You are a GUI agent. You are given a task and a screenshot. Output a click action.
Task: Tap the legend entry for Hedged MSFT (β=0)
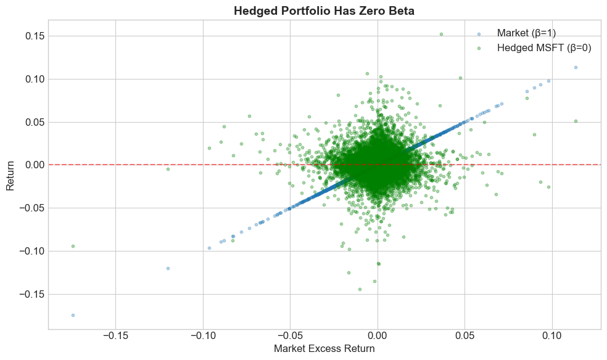coord(543,48)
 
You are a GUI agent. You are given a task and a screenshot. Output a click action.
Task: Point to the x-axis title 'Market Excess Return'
coord(324,348)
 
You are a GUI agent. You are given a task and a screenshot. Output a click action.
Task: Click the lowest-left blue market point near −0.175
coord(73,315)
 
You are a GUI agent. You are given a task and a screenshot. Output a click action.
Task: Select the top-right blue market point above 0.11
coord(576,67)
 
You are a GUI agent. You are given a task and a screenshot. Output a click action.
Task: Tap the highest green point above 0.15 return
coord(441,35)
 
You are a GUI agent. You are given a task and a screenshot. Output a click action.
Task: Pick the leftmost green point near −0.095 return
coord(73,246)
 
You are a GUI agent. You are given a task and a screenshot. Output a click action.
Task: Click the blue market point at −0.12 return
coord(168,268)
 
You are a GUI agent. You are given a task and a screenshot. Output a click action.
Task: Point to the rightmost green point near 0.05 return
coord(576,121)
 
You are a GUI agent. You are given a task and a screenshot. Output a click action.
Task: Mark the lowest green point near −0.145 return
coord(360,289)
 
